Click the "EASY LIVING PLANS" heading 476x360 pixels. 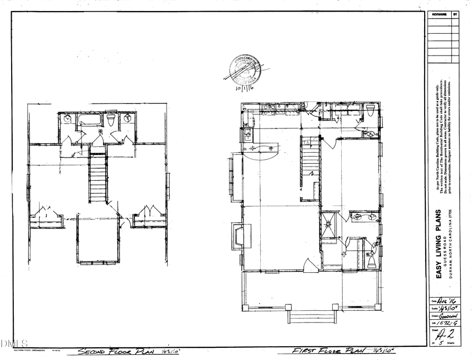438,244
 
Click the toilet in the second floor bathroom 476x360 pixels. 111,121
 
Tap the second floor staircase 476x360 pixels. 98,178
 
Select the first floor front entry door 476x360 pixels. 310,266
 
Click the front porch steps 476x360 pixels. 311,317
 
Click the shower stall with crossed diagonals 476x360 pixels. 329,227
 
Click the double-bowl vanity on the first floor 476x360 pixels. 364,217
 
